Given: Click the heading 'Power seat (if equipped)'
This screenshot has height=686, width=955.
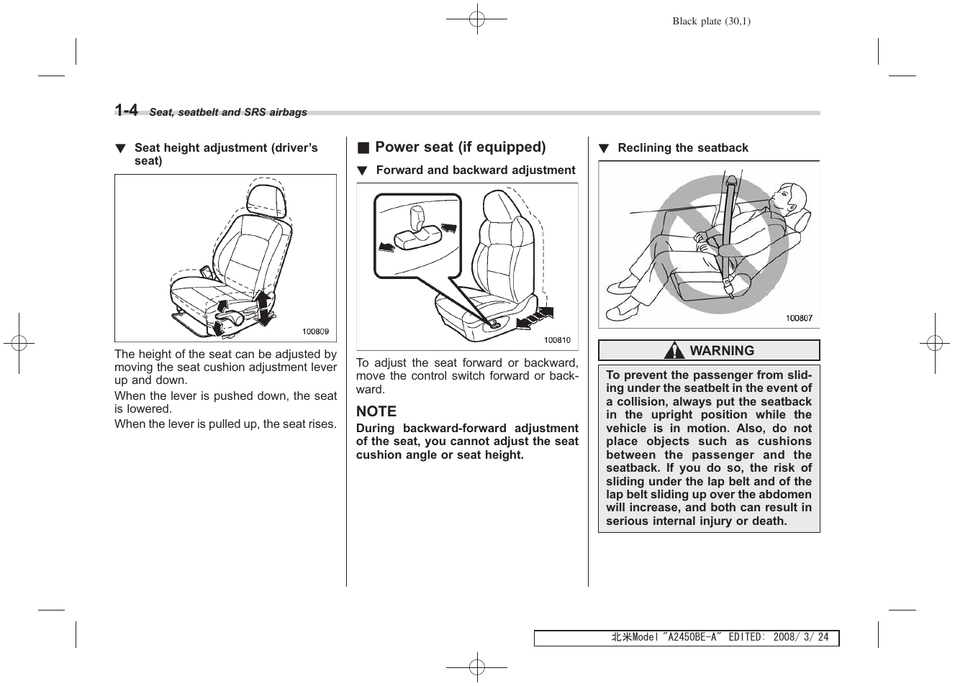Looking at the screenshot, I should click(460, 147).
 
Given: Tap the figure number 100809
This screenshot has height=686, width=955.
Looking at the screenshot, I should click(315, 331).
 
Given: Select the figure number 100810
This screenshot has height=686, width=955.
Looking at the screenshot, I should click(556, 340).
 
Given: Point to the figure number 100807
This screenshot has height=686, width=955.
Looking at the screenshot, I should click(798, 318).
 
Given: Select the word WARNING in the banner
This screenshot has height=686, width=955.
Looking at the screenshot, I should click(722, 351).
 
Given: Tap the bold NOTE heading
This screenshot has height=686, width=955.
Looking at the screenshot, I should click(376, 411).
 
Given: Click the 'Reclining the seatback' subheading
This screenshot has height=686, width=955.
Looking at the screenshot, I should click(682, 148).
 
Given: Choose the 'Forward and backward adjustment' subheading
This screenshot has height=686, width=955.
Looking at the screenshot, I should click(475, 170).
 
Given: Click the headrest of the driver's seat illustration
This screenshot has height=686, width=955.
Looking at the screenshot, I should click(268, 198).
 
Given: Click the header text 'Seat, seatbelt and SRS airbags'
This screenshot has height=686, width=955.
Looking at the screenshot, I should click(228, 112).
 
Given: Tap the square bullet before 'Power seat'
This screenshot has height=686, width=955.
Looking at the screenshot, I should click(363, 148).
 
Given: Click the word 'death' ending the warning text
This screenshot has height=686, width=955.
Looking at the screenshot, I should click(767, 521).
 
